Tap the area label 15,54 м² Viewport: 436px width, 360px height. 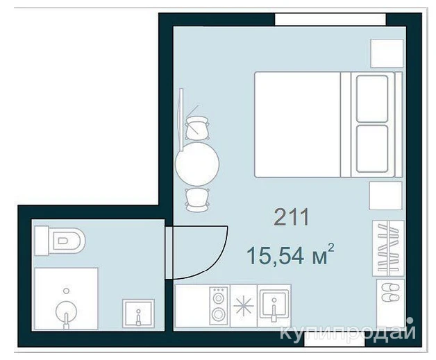290,255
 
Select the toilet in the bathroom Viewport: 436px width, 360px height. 60,241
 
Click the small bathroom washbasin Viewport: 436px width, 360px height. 138,314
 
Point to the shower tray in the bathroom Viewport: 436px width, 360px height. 66,298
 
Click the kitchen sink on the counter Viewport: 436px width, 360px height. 274,305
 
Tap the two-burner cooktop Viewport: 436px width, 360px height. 219,306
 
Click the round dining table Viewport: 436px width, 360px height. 197,164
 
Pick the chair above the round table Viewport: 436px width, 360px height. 197,128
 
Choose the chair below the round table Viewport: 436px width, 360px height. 197,200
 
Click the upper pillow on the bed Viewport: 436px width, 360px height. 372,99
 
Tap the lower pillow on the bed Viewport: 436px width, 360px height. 372,149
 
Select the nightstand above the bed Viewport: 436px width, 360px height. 387,53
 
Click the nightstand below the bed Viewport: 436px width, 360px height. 386,196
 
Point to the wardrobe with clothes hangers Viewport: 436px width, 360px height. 388,248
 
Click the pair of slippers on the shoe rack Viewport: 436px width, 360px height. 390,293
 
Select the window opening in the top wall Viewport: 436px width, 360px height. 330,19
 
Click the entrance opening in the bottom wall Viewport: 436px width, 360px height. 335,339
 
